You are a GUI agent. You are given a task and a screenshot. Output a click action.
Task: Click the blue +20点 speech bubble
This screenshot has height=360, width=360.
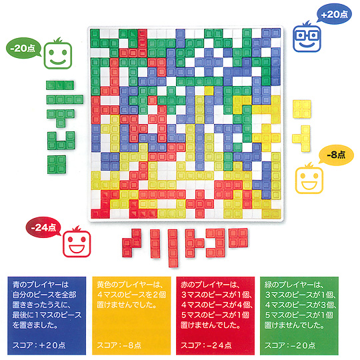(x=334, y=15)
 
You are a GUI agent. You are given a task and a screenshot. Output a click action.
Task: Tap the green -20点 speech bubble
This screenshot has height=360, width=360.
(x=23, y=48)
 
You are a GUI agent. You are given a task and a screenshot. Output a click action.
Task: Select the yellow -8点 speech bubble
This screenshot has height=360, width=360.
(x=336, y=155)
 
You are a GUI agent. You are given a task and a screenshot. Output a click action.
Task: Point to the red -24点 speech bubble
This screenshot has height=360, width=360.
(x=43, y=227)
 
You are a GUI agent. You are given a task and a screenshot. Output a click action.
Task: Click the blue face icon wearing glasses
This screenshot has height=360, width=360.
(x=307, y=38)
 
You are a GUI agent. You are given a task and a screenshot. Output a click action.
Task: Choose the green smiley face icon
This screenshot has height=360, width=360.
(x=58, y=54)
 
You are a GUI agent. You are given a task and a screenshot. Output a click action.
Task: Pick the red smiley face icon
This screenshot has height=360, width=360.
(x=77, y=243)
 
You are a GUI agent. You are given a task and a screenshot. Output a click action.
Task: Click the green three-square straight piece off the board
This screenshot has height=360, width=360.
(x=60, y=85)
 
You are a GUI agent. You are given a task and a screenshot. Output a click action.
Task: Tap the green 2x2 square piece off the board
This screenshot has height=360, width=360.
(x=57, y=165)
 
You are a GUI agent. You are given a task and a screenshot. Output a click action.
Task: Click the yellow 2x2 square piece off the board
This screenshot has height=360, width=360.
(x=302, y=109)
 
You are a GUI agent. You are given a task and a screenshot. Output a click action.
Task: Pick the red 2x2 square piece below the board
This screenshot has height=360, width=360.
(x=238, y=237)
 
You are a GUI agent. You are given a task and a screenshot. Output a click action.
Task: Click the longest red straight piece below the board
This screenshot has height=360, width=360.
(x=173, y=248)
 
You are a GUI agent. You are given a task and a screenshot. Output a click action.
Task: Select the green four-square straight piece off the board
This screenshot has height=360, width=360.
(x=65, y=99)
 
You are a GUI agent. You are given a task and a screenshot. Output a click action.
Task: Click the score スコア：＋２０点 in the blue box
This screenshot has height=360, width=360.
(x=39, y=345)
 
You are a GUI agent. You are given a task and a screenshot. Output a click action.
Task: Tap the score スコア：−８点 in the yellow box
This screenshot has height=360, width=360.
(x=119, y=345)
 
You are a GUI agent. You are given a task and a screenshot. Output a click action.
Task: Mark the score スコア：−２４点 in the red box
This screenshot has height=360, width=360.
(x=206, y=345)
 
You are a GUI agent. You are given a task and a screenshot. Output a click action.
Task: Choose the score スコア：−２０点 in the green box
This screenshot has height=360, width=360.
(x=290, y=345)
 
